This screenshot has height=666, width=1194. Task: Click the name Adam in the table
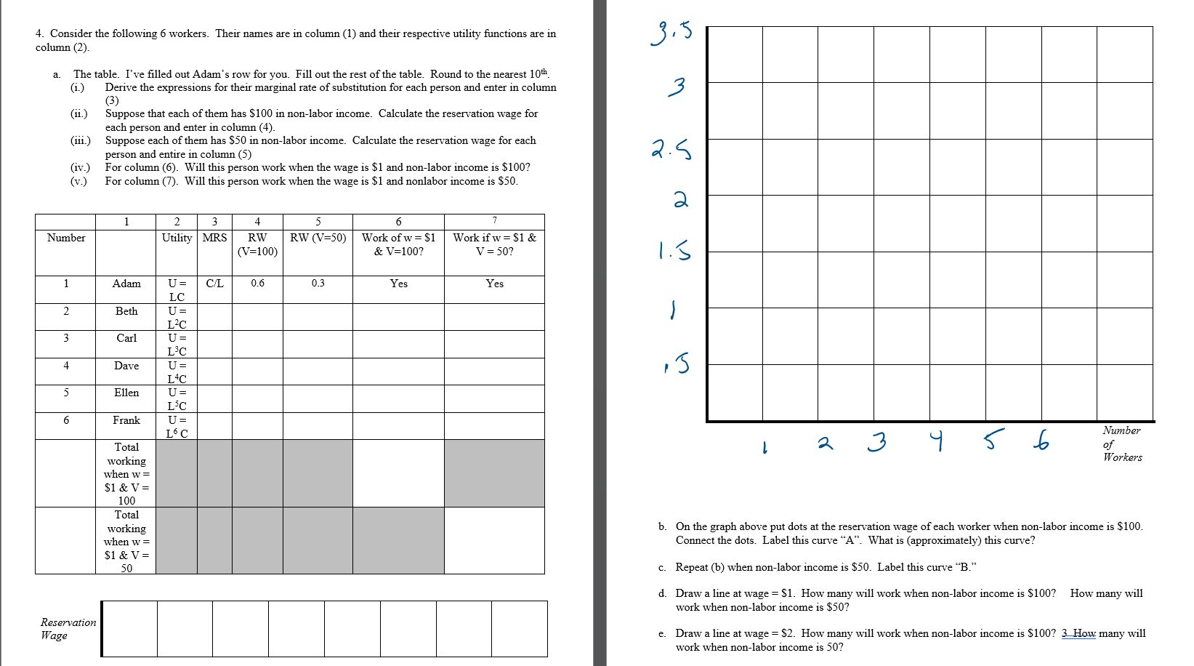point(126,284)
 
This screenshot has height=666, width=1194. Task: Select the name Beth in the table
point(126,311)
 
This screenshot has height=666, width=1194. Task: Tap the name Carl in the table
point(126,338)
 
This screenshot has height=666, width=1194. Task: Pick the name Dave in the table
point(126,366)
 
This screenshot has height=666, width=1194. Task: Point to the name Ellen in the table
point(126,393)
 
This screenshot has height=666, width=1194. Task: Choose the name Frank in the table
point(126,420)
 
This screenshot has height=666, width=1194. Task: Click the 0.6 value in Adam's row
point(258,284)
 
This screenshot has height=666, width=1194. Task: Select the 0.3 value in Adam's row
point(318,284)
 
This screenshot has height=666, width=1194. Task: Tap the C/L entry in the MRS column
point(214,284)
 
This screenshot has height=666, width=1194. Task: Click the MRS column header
point(214,238)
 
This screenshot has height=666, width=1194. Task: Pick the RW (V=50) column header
point(318,238)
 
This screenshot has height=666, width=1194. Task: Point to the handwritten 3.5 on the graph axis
point(671,33)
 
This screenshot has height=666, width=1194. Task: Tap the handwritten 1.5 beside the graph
point(674,251)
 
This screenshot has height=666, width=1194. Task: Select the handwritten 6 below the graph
point(1041,440)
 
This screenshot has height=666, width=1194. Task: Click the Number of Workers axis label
point(1121,444)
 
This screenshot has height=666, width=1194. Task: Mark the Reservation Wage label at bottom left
point(68,629)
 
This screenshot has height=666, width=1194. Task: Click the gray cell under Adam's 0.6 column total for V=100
point(258,473)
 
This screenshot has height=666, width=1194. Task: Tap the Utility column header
point(177,238)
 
